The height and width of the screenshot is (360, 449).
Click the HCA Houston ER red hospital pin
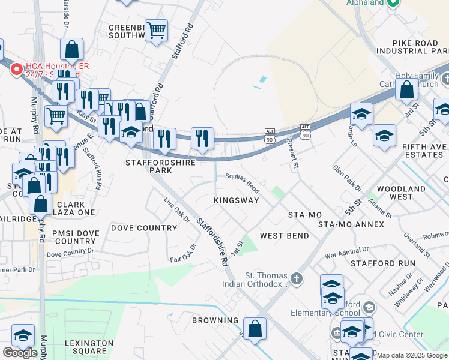click(17, 70)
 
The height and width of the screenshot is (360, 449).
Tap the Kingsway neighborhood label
click(237, 200)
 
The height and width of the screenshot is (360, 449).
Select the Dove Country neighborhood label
click(144, 228)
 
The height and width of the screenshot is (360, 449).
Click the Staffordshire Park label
click(149, 166)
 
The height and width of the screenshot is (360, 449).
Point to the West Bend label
click(285, 236)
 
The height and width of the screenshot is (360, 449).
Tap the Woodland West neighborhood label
click(401, 193)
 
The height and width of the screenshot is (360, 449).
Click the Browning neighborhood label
click(216, 320)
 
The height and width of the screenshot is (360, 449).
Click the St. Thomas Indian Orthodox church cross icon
click(295, 278)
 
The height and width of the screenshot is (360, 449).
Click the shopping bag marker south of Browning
click(255, 329)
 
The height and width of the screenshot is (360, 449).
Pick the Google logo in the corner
click(20, 352)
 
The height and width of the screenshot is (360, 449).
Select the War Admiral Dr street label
click(346, 252)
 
